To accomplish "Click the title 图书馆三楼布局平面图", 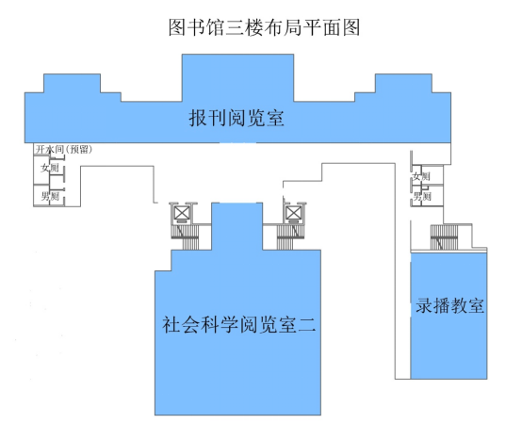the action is tap(264, 27).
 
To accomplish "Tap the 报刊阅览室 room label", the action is tap(237, 118).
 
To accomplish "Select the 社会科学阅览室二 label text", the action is tap(238, 324).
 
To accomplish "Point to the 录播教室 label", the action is tap(449, 305).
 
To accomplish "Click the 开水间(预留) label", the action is tap(63, 150).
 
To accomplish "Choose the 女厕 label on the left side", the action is tap(50, 168).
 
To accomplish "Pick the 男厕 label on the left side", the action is tap(50, 196).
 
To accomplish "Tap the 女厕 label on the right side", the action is tap(421, 176).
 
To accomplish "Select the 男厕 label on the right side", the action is tap(422, 196).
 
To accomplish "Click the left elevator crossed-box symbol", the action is tap(182, 213).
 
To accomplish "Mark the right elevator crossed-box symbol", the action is tap(294, 213).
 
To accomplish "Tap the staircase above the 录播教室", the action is tap(444, 237).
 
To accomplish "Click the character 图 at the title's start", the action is tap(177, 27).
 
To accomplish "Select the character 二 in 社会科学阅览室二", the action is tap(307, 325).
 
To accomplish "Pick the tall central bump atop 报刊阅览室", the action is tap(237, 77).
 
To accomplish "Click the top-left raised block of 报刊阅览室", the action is tap(72, 83).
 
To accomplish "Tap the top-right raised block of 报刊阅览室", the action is tap(403, 83).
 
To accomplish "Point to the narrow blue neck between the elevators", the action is tap(237, 226).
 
